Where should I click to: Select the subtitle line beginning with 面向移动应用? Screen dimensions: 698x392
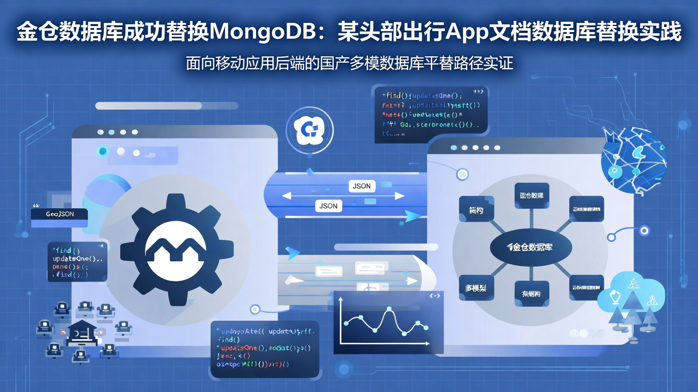pos(349,63)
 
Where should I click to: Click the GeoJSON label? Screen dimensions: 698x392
pos(60,214)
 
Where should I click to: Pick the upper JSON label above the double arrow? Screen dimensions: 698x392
pos(362,186)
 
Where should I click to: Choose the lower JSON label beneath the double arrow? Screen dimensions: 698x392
pos(328,206)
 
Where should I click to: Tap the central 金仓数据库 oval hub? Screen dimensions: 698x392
pos(531,247)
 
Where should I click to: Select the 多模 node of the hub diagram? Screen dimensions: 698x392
pos(476,288)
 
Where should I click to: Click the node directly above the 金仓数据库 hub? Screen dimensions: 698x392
pos(531,196)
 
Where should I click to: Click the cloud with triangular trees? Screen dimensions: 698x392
pos(631,300)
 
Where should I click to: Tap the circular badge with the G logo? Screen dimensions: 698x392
pos(310,130)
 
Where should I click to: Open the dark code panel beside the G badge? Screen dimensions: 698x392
pos(431,115)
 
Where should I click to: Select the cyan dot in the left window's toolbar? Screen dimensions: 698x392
pos(103,151)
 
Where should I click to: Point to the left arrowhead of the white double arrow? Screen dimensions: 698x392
pos(286,196)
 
